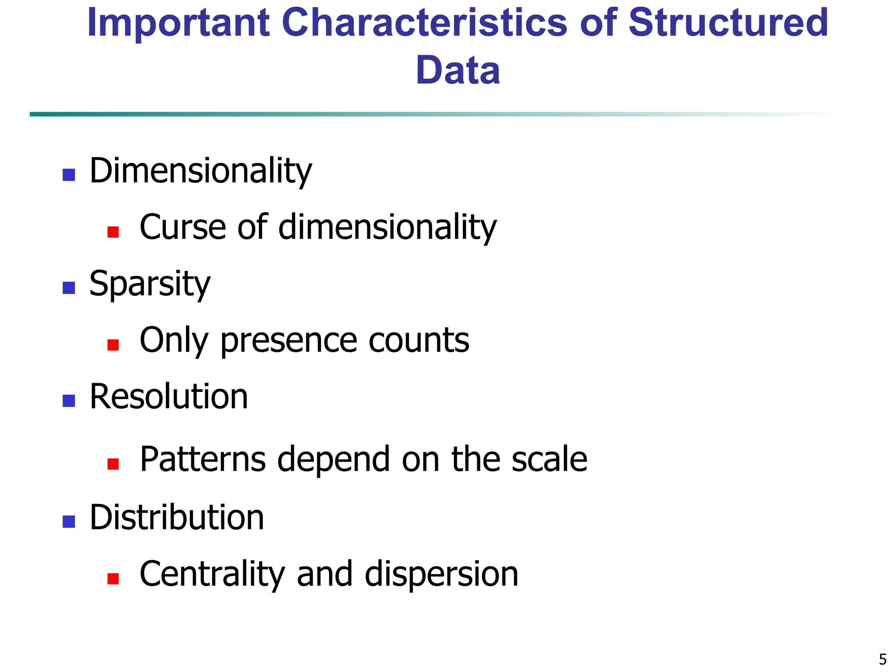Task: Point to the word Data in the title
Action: pyautogui.click(x=458, y=70)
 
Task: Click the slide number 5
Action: pyautogui.click(x=882, y=659)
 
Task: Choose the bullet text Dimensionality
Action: pyautogui.click(x=200, y=171)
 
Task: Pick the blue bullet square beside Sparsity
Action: pyautogui.click(x=69, y=288)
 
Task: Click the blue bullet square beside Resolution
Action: pyautogui.click(x=69, y=401)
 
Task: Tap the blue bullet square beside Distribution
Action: pyautogui.click(x=69, y=521)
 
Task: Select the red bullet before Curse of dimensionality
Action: pyautogui.click(x=113, y=232)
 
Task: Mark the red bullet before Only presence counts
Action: pyautogui.click(x=113, y=345)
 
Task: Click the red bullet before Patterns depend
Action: pyautogui.click(x=113, y=464)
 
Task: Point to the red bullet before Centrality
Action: pyautogui.click(x=113, y=578)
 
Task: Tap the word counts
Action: pyautogui.click(x=419, y=340)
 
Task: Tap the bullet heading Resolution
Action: pyautogui.click(x=169, y=397)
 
